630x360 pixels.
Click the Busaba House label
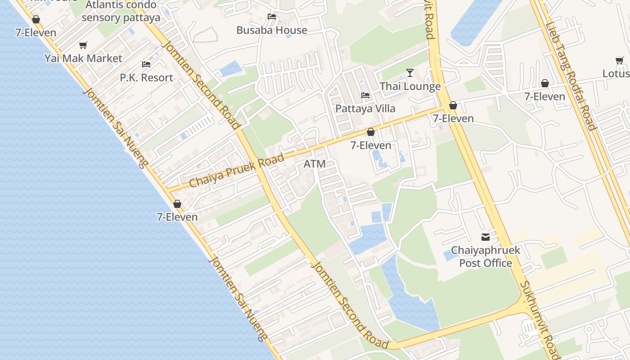tap(272, 30)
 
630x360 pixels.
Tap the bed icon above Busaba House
tap(272, 17)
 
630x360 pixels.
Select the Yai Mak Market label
tap(83, 58)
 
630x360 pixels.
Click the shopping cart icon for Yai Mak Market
tap(83, 45)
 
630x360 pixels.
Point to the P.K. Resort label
tap(146, 77)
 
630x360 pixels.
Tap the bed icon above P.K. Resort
tap(146, 64)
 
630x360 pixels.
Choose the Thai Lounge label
tap(410, 86)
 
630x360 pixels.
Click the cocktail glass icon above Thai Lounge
tap(410, 73)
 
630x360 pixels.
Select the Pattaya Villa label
tap(365, 108)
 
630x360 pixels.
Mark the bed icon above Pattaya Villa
tap(365, 95)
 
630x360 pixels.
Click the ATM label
tap(315, 164)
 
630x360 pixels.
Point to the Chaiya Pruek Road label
tap(237, 171)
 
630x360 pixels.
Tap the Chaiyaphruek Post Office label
tap(486, 256)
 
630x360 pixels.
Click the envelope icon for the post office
tap(486, 237)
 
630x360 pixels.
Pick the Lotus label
tap(616, 73)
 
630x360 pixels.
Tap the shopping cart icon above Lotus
tap(620, 60)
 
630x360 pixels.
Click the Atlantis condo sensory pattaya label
tap(121, 11)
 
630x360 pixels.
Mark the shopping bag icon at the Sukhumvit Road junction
tap(453, 105)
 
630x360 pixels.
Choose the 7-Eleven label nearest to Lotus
tap(544, 96)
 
